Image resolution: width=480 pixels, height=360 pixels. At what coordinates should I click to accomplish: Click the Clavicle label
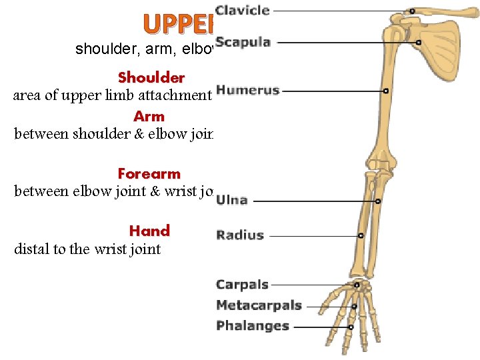pyautogui.click(x=243, y=10)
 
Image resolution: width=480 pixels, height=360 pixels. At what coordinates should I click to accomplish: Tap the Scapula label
pyautogui.click(x=243, y=42)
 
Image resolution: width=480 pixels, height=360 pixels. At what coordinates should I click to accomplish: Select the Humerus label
pyautogui.click(x=248, y=90)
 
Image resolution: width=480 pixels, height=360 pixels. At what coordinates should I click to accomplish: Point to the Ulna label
pyautogui.click(x=232, y=199)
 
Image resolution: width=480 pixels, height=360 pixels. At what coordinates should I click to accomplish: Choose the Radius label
pyautogui.click(x=240, y=235)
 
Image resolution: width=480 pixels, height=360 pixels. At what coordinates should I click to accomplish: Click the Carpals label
pyautogui.click(x=242, y=285)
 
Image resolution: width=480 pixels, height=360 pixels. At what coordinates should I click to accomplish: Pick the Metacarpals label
pyautogui.click(x=259, y=306)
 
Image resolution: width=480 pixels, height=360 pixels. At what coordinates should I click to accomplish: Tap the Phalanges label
pyautogui.click(x=253, y=326)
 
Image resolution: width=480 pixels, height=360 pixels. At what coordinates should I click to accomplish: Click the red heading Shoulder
pyautogui.click(x=151, y=78)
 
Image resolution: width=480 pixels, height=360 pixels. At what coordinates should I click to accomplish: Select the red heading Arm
pyautogui.click(x=149, y=116)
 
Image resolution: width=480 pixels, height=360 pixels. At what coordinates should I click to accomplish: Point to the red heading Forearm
pyautogui.click(x=149, y=173)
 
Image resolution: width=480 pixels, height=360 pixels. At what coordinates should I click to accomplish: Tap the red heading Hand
pyautogui.click(x=149, y=231)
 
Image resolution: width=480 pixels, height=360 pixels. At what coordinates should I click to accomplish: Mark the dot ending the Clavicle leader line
pyautogui.click(x=413, y=11)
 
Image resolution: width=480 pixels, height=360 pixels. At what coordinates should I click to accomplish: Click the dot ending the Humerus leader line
pyautogui.click(x=386, y=91)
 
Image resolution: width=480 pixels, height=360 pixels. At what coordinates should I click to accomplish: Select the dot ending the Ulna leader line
pyautogui.click(x=378, y=201)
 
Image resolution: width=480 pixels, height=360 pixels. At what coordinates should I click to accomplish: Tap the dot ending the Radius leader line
pyautogui.click(x=361, y=235)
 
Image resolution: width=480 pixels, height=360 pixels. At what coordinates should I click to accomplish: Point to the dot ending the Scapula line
pyautogui.click(x=419, y=43)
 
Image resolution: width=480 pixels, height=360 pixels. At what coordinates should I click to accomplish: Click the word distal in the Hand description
pyautogui.click(x=32, y=249)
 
